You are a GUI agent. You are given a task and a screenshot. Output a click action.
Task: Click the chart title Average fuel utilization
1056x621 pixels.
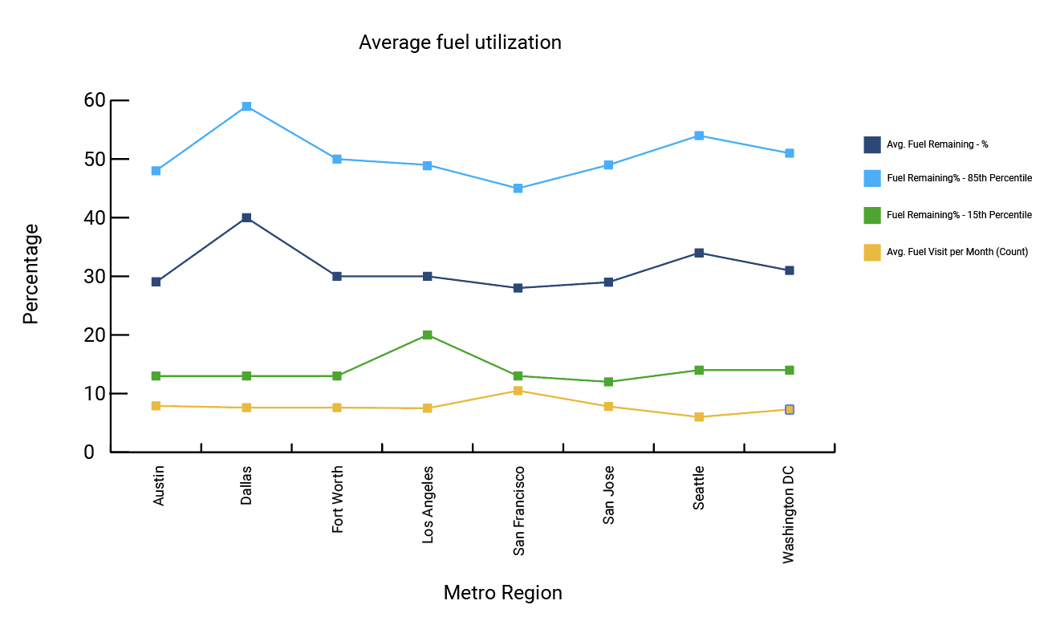(x=460, y=43)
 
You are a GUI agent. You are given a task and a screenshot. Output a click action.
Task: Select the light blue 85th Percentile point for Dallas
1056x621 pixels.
(x=246, y=107)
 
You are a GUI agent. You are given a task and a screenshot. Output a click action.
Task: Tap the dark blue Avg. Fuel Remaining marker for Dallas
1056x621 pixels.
(x=246, y=218)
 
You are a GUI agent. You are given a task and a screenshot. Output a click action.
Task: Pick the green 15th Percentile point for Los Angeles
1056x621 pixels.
(x=428, y=335)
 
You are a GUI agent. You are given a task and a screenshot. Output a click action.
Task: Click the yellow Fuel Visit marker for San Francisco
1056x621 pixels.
(x=518, y=391)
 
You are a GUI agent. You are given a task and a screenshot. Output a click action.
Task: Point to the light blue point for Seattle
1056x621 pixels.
(x=699, y=136)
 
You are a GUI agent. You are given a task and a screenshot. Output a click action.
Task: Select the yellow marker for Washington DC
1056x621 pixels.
(x=790, y=410)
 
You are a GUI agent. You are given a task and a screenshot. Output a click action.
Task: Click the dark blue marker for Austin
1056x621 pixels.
(x=156, y=282)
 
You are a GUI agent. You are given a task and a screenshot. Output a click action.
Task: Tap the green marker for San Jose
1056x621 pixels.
(x=609, y=382)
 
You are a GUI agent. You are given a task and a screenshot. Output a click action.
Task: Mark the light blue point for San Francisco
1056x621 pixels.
(x=518, y=189)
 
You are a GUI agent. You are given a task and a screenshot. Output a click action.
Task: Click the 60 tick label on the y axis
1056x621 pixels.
(x=95, y=100)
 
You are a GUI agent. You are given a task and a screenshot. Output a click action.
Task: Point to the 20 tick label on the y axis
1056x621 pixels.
(x=95, y=335)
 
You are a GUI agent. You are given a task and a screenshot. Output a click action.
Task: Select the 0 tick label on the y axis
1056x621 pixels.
(x=89, y=453)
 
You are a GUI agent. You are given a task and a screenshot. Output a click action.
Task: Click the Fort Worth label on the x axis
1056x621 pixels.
(x=337, y=499)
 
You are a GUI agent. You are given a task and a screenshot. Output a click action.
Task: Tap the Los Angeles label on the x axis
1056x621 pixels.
(x=428, y=504)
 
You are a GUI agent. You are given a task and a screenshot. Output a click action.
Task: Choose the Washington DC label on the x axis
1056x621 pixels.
(x=789, y=513)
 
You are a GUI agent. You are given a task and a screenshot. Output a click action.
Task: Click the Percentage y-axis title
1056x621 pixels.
(x=30, y=274)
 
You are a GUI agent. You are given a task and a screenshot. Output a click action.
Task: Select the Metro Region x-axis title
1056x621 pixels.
(x=502, y=593)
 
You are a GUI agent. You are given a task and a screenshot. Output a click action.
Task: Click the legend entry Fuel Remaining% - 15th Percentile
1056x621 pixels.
(x=958, y=215)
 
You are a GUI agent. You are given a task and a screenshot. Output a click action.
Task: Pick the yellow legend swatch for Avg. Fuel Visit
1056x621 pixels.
(x=872, y=252)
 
